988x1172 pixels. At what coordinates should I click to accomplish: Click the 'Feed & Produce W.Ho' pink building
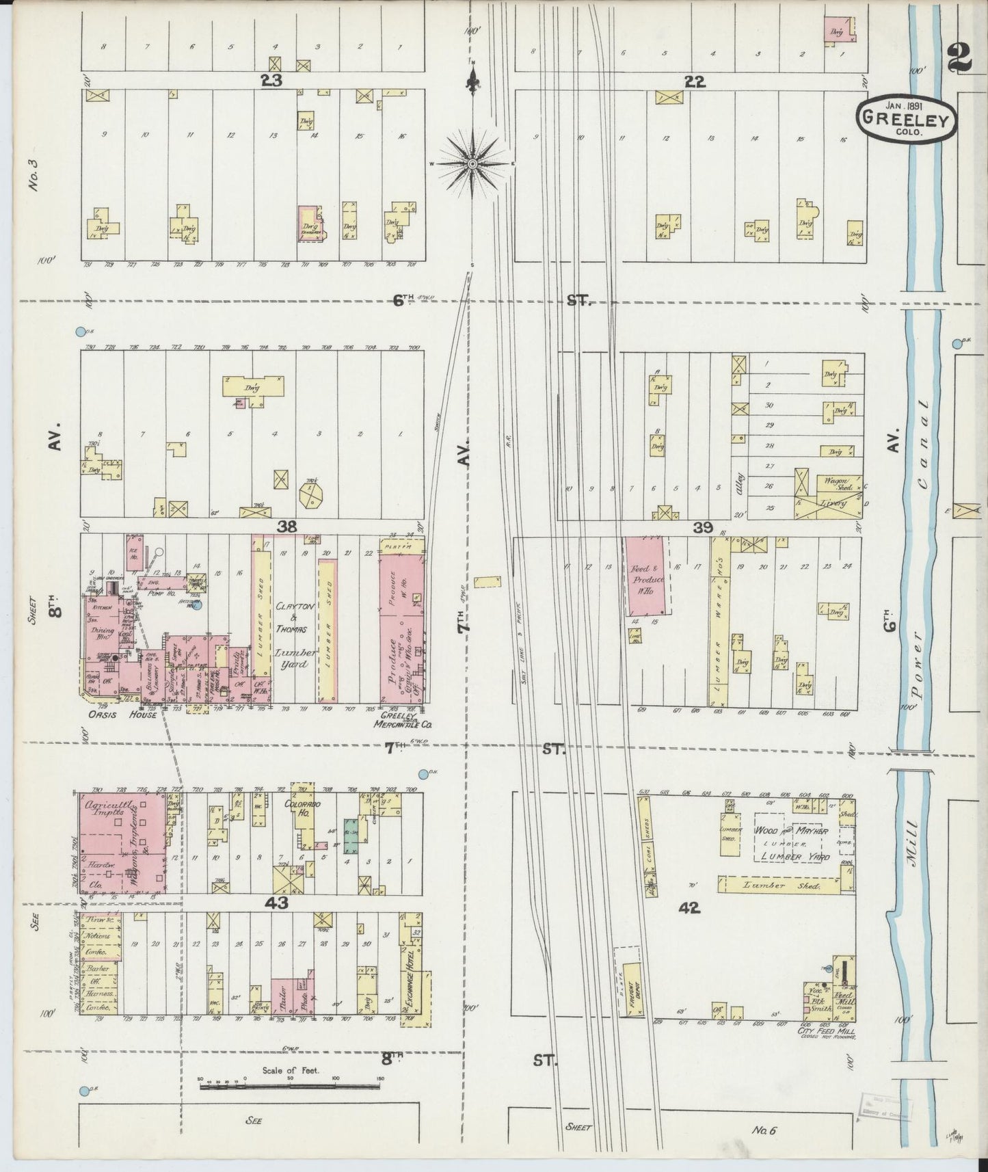pyautogui.click(x=644, y=576)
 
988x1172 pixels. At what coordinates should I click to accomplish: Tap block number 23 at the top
pyautogui.click(x=271, y=81)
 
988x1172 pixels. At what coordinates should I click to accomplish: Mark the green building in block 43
pyautogui.click(x=351, y=836)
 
